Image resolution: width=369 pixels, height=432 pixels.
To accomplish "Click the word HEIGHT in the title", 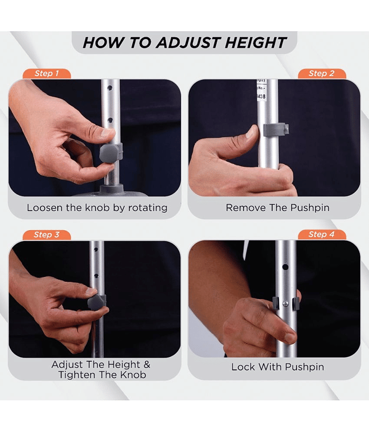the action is (x=256, y=43).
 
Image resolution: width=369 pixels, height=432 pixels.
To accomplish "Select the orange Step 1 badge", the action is (x=46, y=73).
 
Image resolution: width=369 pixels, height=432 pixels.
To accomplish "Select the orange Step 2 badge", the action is (x=321, y=73).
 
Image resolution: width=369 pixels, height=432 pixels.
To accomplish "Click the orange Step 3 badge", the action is (x=46, y=235).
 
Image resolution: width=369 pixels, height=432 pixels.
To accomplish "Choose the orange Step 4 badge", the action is (x=321, y=234).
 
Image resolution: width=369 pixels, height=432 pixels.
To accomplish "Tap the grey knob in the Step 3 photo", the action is (x=97, y=302).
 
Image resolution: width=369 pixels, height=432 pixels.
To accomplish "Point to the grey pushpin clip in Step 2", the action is (x=276, y=130).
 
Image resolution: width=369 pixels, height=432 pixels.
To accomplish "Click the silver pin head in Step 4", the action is (x=286, y=304).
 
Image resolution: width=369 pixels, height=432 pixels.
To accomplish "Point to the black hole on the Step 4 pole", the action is (x=285, y=267).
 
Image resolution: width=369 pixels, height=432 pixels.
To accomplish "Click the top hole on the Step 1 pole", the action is (x=110, y=88).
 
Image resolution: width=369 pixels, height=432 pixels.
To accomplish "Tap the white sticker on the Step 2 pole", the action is (x=261, y=90).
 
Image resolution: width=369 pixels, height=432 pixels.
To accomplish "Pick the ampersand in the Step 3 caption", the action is (x=147, y=364).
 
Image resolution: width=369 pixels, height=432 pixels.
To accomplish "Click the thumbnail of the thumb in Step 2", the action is (x=252, y=132).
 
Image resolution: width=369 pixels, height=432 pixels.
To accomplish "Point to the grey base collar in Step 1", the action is (x=111, y=190).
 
